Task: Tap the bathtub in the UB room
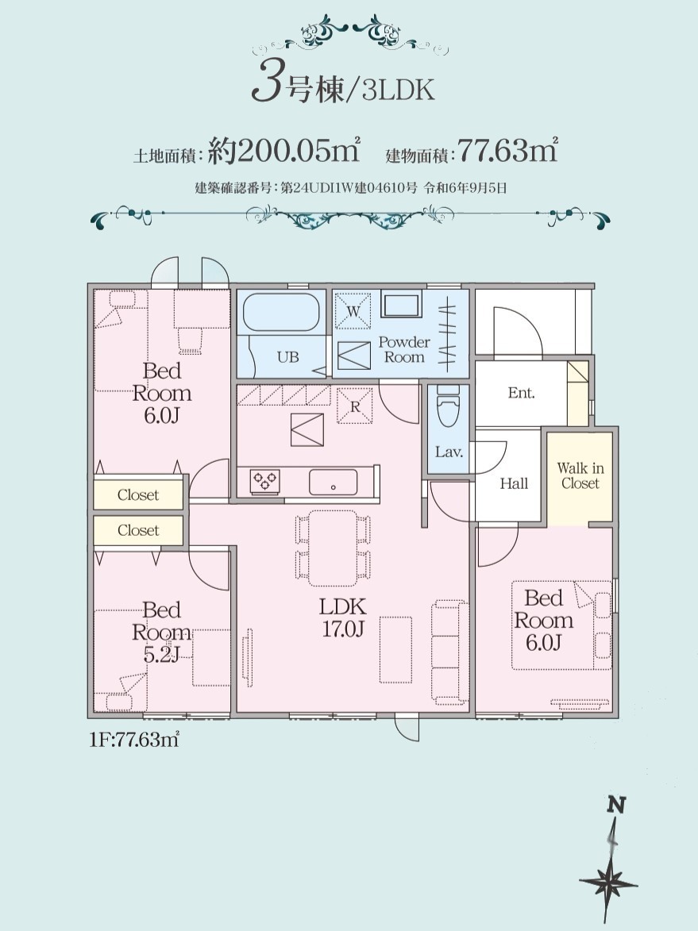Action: [281, 312]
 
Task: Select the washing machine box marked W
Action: [353, 310]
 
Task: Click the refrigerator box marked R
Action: [355, 406]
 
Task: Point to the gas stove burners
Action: [264, 480]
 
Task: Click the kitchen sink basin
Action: [334, 482]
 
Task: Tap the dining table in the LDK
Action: [333, 548]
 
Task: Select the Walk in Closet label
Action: [580, 475]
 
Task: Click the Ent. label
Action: [521, 392]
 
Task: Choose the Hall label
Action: [514, 484]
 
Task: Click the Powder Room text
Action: [404, 349]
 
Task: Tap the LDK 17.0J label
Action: [343, 617]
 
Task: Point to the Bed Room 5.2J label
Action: [161, 632]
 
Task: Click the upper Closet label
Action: [138, 494]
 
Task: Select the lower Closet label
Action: [138, 530]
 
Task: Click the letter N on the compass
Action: [617, 805]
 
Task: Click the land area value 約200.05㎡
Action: [284, 150]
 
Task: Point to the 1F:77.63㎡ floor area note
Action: [134, 740]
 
